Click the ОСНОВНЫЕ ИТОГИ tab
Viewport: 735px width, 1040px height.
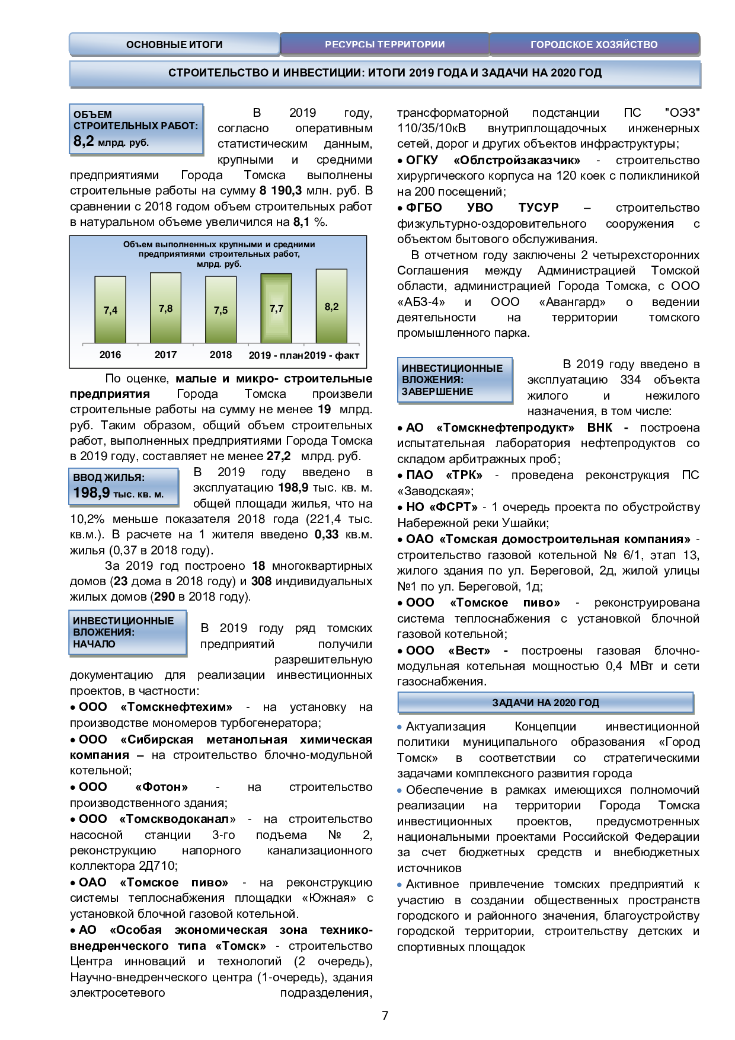click(x=174, y=44)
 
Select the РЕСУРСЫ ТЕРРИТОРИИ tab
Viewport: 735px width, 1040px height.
click(x=385, y=44)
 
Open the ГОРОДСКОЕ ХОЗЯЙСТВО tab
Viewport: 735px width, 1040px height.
click(x=594, y=44)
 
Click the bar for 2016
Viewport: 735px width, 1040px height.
click(x=110, y=310)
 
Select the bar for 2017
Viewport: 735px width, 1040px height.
click(x=165, y=308)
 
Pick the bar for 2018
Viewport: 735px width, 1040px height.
click(x=220, y=310)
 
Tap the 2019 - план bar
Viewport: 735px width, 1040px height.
click(x=276, y=308)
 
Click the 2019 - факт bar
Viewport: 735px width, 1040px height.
click(x=331, y=306)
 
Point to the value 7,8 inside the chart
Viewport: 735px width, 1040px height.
click(x=165, y=308)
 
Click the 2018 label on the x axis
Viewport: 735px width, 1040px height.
click(x=220, y=355)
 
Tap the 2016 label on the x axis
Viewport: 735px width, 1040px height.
click(x=110, y=355)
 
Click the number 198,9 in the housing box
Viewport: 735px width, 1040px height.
click(x=91, y=493)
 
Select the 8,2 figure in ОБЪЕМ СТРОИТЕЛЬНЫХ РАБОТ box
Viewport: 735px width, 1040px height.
click(x=84, y=141)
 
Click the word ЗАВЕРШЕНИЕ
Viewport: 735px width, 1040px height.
click(x=437, y=391)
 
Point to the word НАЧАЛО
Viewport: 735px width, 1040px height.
click(x=94, y=644)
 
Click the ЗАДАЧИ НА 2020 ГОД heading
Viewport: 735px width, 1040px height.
click(x=545, y=703)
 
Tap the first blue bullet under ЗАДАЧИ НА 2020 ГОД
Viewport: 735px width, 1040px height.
click(x=400, y=727)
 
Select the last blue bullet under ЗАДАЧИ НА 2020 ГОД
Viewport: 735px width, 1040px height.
click(x=400, y=885)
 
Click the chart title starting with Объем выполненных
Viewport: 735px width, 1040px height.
click(x=219, y=244)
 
